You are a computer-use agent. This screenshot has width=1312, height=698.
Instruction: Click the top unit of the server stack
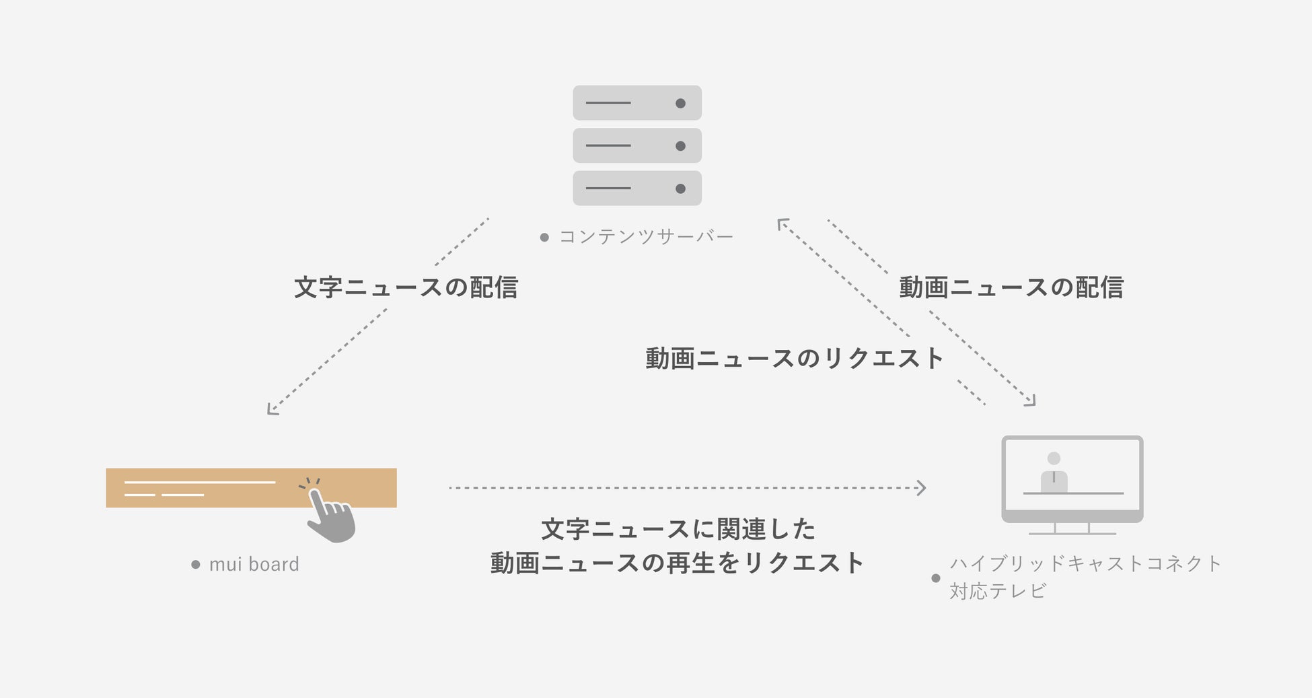pos(636,103)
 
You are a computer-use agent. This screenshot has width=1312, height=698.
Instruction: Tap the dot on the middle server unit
pos(680,146)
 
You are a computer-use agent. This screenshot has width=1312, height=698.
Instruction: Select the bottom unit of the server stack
pos(636,188)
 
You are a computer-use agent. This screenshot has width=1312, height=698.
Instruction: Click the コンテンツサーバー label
pos(646,237)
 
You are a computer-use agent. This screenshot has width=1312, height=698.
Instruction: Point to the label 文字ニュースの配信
pos(406,287)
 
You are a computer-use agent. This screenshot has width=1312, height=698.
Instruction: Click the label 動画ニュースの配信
pos(1011,287)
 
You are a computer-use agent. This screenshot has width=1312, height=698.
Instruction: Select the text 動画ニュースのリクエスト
pos(794,358)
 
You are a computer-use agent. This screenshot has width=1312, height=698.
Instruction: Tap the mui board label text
pos(254,564)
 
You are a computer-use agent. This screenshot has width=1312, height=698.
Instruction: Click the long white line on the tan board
pos(200,482)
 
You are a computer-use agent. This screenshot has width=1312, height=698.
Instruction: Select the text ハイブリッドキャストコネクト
pos(1085,563)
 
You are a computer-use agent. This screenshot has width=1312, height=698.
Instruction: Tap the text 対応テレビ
pos(998,591)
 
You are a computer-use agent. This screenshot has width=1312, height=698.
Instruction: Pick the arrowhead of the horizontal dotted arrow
pos(922,487)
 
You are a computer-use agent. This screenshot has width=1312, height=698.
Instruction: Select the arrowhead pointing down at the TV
pos(1031,401)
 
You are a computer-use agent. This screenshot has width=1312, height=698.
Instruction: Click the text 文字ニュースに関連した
pos(678,529)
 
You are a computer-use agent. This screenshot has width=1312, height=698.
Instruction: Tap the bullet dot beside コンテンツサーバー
pos(544,238)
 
